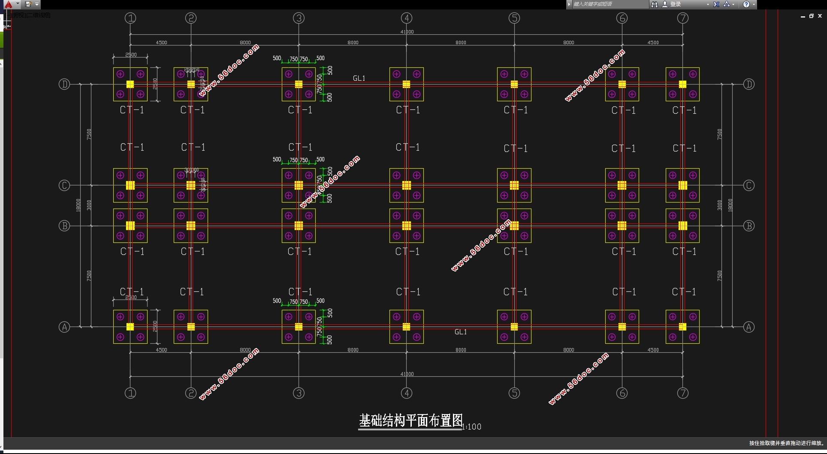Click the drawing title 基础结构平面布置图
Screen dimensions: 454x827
point(410,421)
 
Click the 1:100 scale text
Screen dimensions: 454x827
point(472,427)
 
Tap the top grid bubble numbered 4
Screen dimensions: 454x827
point(407,18)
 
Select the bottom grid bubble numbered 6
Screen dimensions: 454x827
point(622,393)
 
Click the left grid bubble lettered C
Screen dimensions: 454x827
point(64,185)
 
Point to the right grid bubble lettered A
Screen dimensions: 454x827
point(749,327)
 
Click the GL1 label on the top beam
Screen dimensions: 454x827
point(359,78)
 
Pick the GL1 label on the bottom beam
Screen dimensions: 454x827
point(461,332)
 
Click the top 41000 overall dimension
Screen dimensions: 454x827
point(407,32)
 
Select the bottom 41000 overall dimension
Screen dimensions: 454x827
point(407,374)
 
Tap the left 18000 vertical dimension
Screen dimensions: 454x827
point(78,205)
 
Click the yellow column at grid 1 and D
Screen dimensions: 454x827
point(130,84)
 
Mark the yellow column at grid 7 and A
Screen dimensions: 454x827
point(682,327)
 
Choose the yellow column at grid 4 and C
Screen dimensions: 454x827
point(407,185)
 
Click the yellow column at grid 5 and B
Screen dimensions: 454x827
point(514,226)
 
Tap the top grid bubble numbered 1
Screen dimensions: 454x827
point(130,18)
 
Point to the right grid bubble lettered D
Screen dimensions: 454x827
point(749,84)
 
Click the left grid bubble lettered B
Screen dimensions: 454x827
point(64,226)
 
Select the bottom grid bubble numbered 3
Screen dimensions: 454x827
point(299,393)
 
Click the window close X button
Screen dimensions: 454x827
point(820,16)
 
